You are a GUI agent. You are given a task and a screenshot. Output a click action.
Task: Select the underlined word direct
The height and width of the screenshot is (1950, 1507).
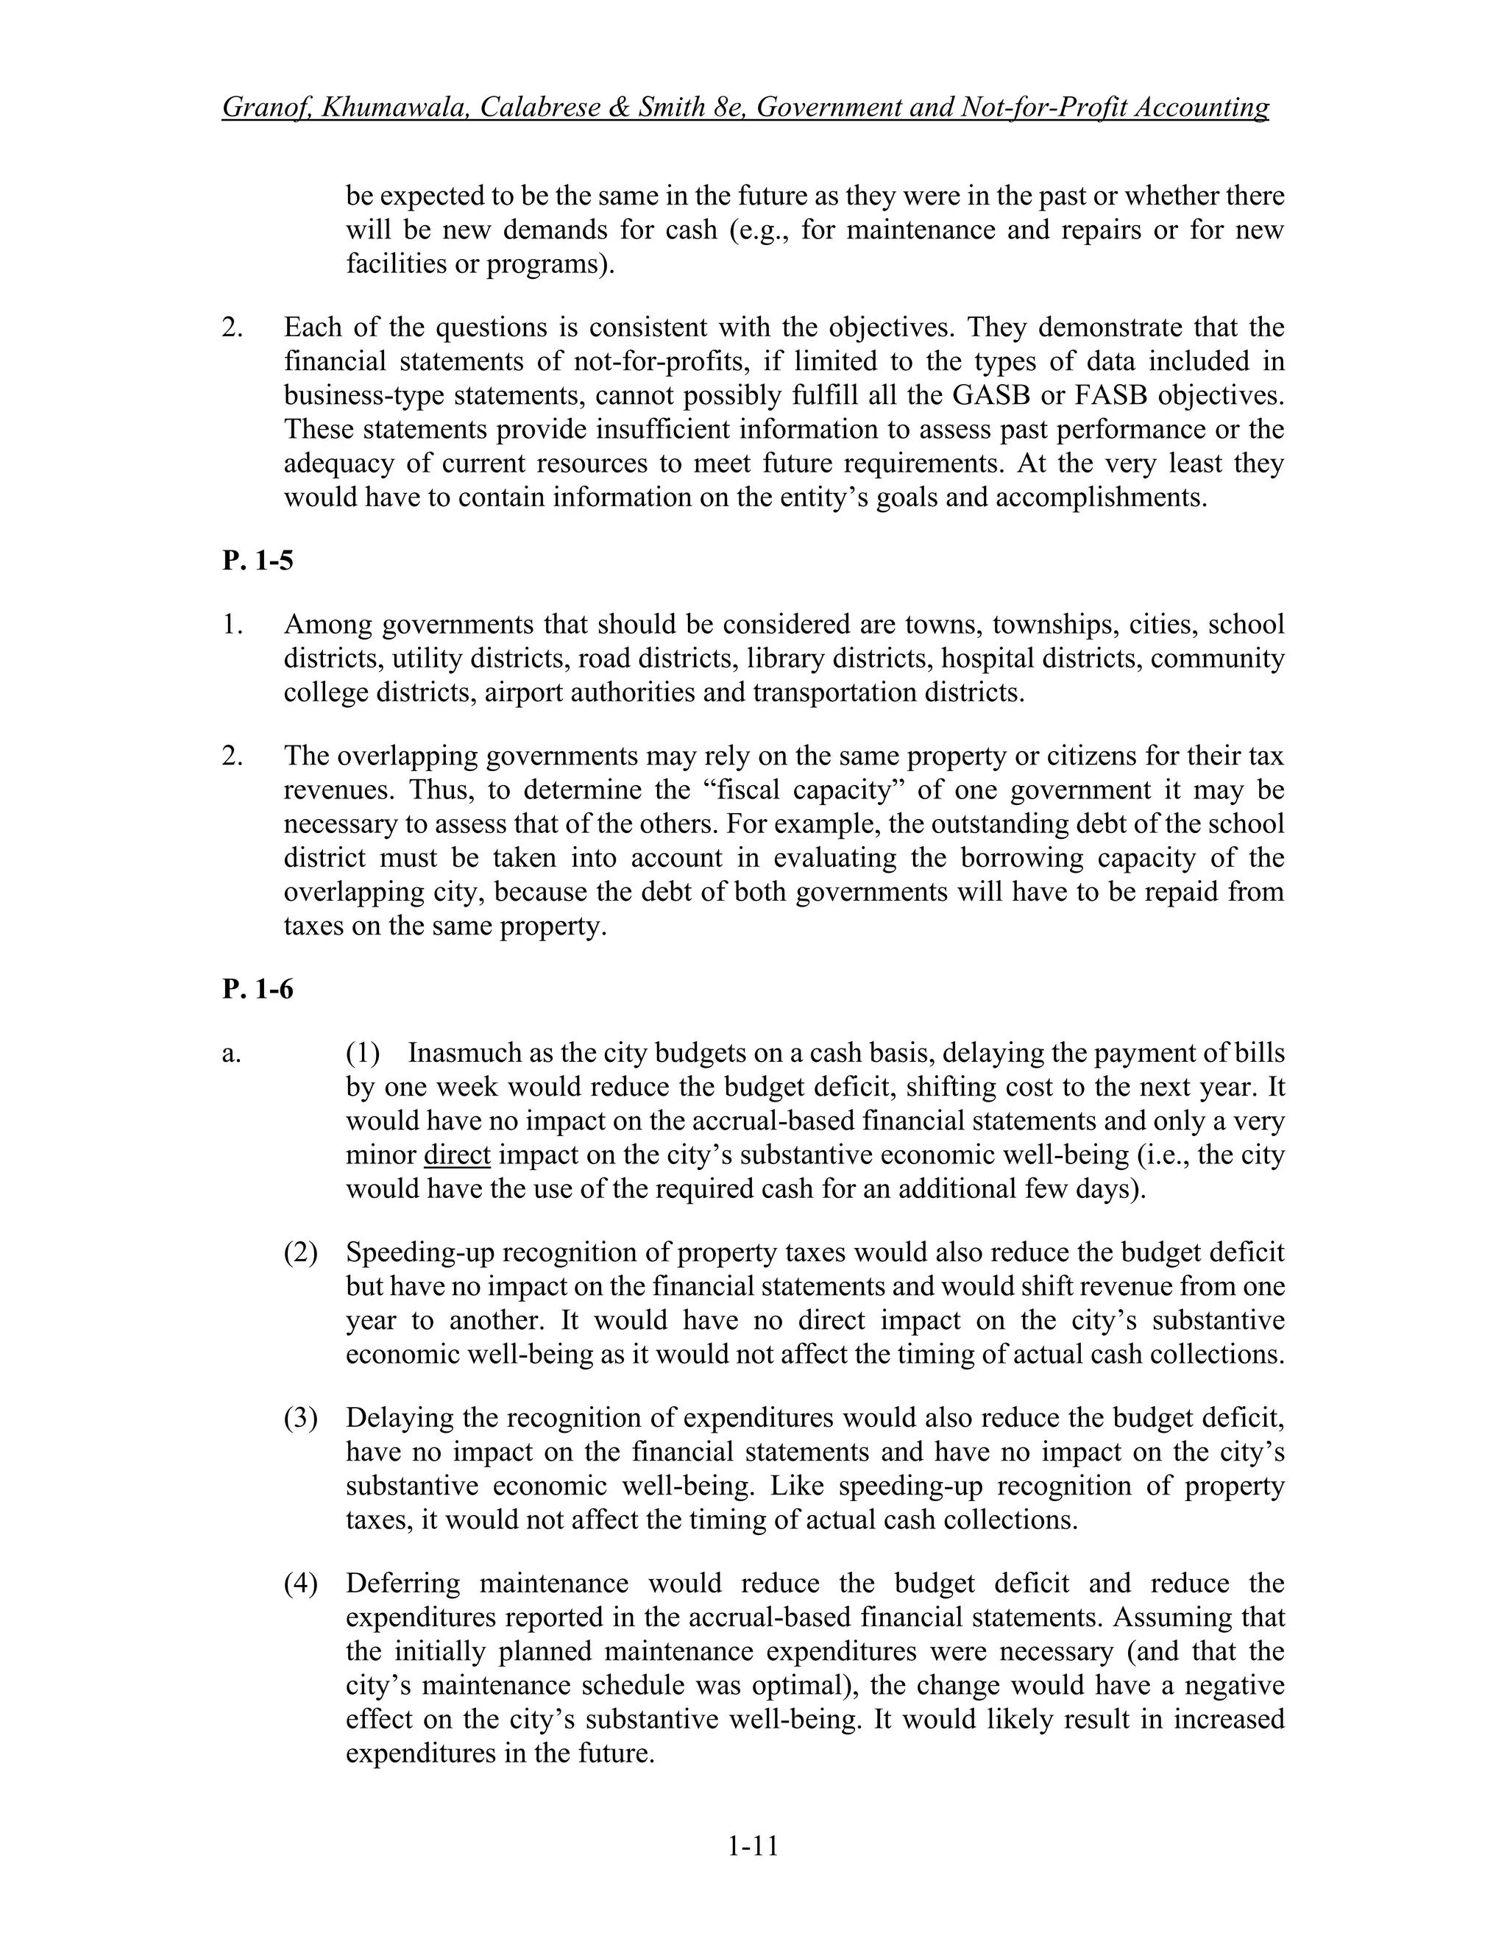(x=457, y=1155)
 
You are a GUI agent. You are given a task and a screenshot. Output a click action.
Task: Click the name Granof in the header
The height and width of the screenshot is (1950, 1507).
(x=263, y=107)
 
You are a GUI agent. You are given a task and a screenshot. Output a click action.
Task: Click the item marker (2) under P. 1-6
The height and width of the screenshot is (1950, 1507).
(x=301, y=1252)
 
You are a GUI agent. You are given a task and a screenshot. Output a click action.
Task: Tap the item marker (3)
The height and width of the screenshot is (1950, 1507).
(x=301, y=1418)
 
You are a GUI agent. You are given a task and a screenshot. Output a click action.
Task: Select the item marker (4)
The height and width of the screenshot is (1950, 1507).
(x=301, y=1583)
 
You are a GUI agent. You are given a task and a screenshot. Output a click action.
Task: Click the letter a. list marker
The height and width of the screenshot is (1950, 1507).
(x=231, y=1054)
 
